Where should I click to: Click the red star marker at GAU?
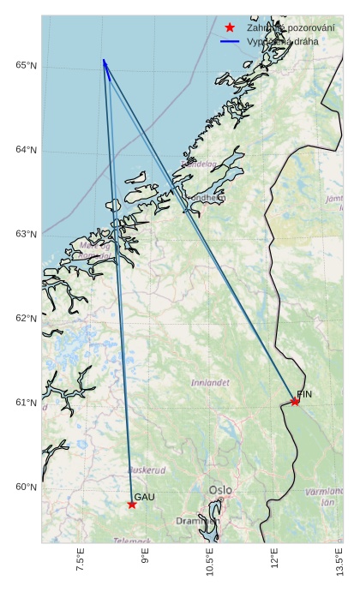point(132,504)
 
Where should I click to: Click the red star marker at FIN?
point(295,401)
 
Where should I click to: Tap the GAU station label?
point(145,497)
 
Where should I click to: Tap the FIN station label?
point(304,394)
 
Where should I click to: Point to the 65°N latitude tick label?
point(27,66)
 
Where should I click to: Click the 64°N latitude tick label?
point(27,150)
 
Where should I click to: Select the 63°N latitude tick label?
point(27,234)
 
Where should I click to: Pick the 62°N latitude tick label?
point(27,318)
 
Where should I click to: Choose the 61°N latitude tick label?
point(27,403)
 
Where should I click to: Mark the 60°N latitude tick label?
point(27,487)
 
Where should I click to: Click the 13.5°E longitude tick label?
point(340,561)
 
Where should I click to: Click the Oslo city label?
point(220,490)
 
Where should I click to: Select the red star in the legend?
point(230,27)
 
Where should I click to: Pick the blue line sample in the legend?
point(230,41)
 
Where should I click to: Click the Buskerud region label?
point(147,469)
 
